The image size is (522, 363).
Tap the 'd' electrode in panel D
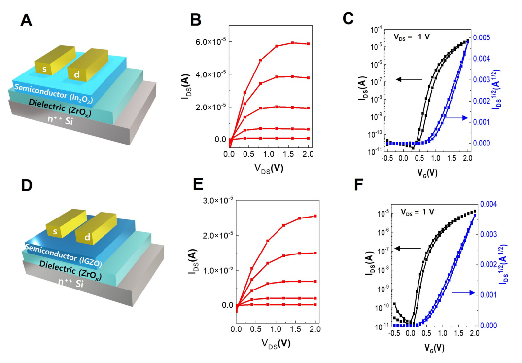coord(86,237)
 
